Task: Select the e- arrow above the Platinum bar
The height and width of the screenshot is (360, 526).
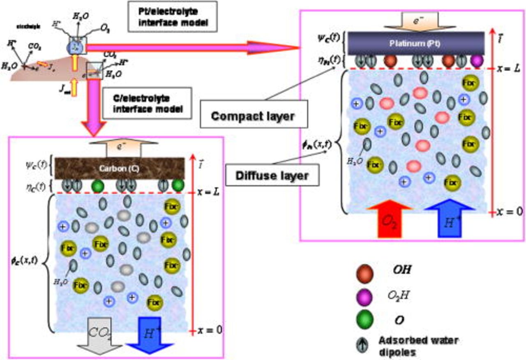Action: pos(415,19)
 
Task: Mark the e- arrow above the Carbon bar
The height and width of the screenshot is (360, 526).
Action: pos(123,148)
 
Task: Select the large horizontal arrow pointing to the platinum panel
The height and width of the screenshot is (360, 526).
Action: pos(193,47)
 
